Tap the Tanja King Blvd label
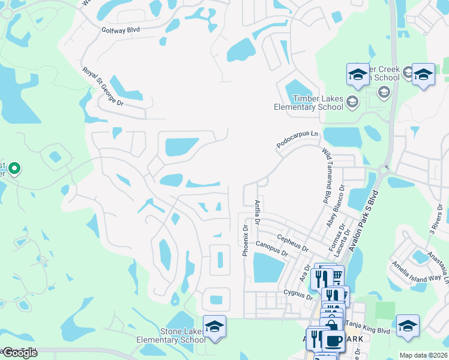pos(367,330)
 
